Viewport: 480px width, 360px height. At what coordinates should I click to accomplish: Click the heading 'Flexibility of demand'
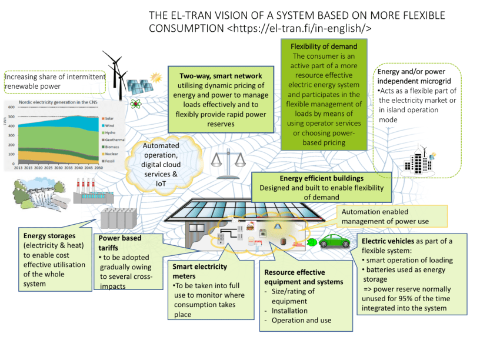point(324,46)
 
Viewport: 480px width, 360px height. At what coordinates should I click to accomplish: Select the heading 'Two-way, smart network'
point(216,76)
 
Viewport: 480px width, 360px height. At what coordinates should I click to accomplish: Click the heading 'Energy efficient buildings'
point(321,178)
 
